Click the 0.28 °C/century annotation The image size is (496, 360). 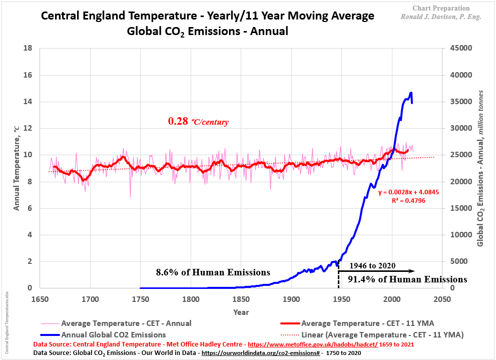pyautogui.click(x=198, y=121)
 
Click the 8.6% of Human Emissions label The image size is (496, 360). pyautogui.click(x=213, y=272)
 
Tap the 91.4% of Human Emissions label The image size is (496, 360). pyautogui.click(x=404, y=279)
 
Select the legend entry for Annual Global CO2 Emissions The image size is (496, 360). pyautogui.click(x=113, y=334)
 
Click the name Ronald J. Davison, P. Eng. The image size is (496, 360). pyautogui.click(x=441, y=17)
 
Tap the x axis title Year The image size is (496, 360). pyautogui.click(x=241, y=312)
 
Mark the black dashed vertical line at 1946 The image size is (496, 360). pyautogui.click(x=339, y=275)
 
